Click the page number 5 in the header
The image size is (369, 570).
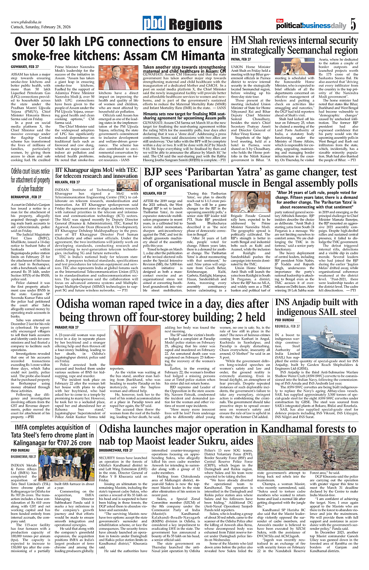[x=353, y=25]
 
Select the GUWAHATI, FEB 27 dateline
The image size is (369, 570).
[x=25, y=67]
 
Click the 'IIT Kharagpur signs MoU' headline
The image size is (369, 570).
[x=97, y=172]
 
